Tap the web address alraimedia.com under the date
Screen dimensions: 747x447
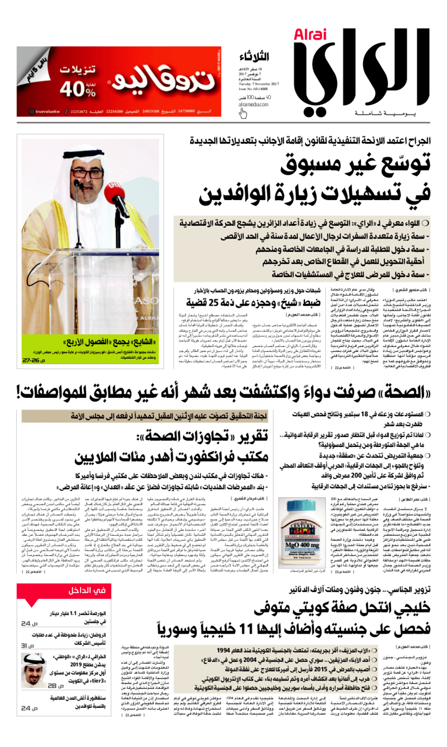tap(256, 103)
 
